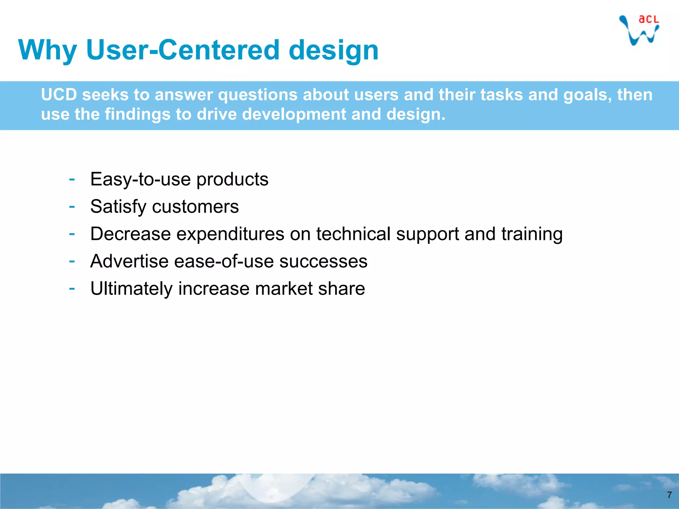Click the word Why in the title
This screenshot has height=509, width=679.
[48, 50]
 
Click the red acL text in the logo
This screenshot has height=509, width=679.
[648, 20]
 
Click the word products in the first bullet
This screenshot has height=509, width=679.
[232, 179]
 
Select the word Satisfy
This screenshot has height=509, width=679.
[118, 207]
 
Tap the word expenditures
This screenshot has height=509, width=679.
[230, 234]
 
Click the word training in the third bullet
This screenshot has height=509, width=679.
[532, 234]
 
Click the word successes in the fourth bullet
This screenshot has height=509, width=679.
[323, 261]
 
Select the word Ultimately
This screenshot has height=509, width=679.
[131, 288]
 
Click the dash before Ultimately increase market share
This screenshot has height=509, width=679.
[72, 288]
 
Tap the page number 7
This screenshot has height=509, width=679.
[669, 495]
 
